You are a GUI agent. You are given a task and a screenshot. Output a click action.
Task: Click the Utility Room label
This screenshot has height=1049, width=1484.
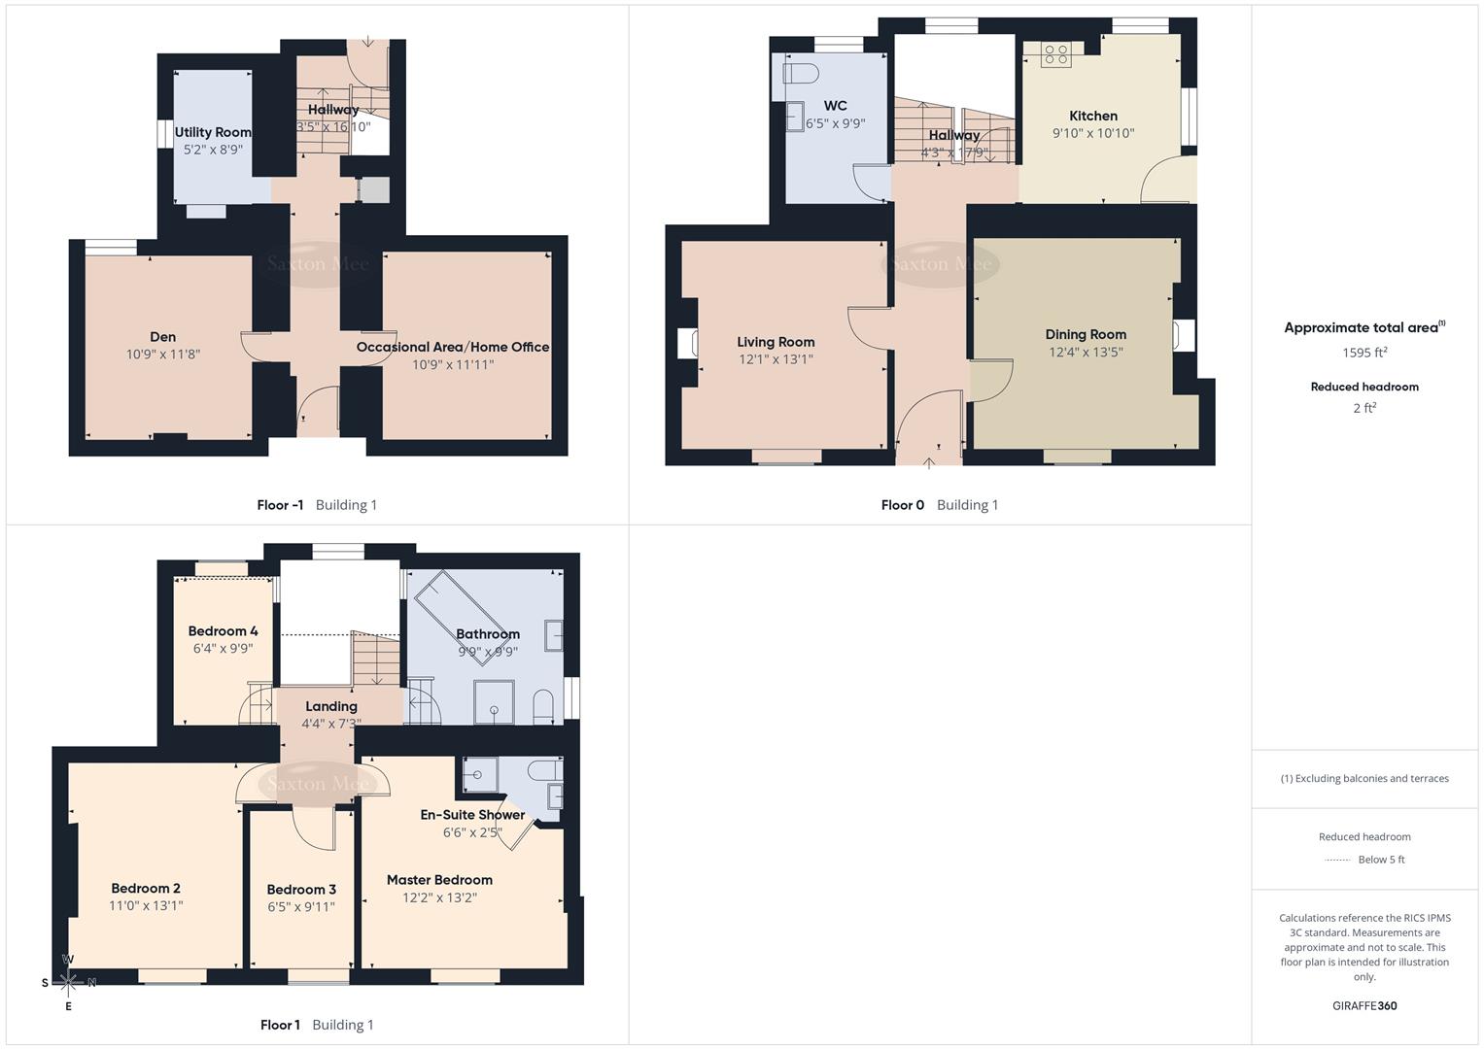pyautogui.click(x=213, y=132)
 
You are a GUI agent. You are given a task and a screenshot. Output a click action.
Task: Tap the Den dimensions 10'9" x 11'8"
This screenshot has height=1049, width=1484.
pyautogui.click(x=163, y=355)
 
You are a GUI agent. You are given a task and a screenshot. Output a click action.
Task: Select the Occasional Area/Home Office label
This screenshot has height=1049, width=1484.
pyautogui.click(x=452, y=347)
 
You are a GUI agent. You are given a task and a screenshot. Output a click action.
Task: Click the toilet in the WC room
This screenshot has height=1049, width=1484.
pyautogui.click(x=801, y=74)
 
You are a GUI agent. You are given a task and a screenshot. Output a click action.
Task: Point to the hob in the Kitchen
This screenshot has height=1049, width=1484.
pyautogui.click(x=1055, y=55)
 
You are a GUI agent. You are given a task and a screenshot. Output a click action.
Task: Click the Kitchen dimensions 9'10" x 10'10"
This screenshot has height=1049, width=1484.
pyautogui.click(x=1093, y=133)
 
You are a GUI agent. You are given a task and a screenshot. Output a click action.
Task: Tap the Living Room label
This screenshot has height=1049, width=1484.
pyautogui.click(x=776, y=342)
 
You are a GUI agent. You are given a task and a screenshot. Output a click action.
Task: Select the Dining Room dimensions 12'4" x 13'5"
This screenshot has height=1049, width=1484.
pyautogui.click(x=1086, y=352)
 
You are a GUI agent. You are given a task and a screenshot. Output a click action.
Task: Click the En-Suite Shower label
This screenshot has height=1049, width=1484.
pyautogui.click(x=472, y=815)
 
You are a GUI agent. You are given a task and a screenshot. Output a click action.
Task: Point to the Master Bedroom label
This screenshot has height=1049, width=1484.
pyautogui.click(x=439, y=880)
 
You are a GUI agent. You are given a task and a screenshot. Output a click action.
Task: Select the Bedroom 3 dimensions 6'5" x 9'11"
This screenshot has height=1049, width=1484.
pyautogui.click(x=301, y=907)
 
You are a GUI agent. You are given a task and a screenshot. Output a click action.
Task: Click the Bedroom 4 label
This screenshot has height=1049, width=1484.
pyautogui.click(x=223, y=631)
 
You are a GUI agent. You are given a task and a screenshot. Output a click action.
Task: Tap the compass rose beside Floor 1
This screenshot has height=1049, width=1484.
pyautogui.click(x=68, y=982)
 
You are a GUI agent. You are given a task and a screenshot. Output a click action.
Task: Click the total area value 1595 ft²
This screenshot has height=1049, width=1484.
pyautogui.click(x=1364, y=353)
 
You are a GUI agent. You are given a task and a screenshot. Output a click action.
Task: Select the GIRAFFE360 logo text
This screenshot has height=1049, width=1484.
pyautogui.click(x=1364, y=1005)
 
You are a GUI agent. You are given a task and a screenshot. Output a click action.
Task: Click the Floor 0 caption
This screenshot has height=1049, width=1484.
pyautogui.click(x=903, y=505)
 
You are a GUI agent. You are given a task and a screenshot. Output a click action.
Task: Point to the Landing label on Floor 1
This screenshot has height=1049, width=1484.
pyautogui.click(x=331, y=706)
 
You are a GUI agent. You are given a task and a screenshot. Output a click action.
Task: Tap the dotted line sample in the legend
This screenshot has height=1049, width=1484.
pyautogui.click(x=1337, y=860)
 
